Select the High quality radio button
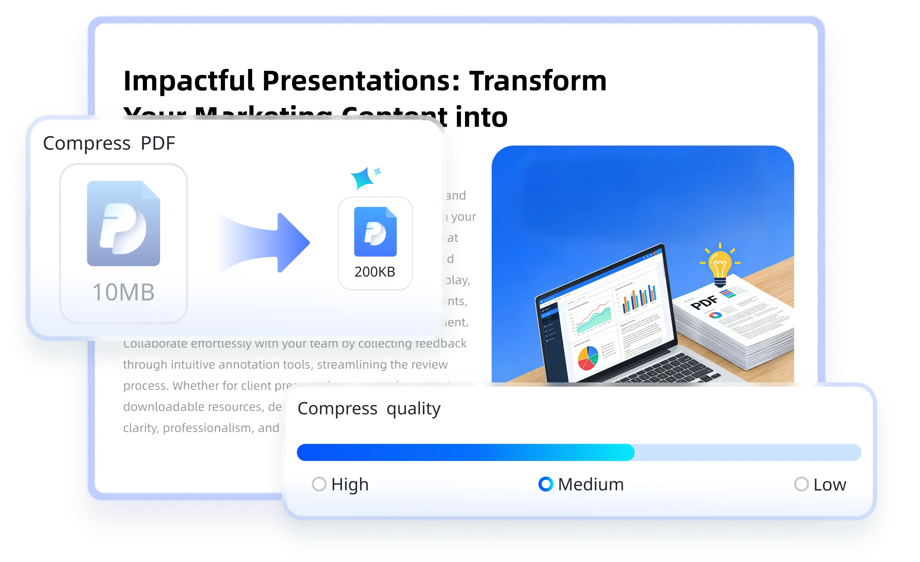click(319, 484)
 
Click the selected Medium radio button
click(545, 484)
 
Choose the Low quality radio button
click(801, 484)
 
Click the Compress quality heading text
click(369, 409)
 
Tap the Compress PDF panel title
click(109, 143)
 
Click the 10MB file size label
click(123, 292)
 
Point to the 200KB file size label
click(375, 272)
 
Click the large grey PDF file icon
click(123, 223)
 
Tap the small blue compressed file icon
click(375, 232)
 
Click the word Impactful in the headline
click(189, 81)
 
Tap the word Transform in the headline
click(538, 81)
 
